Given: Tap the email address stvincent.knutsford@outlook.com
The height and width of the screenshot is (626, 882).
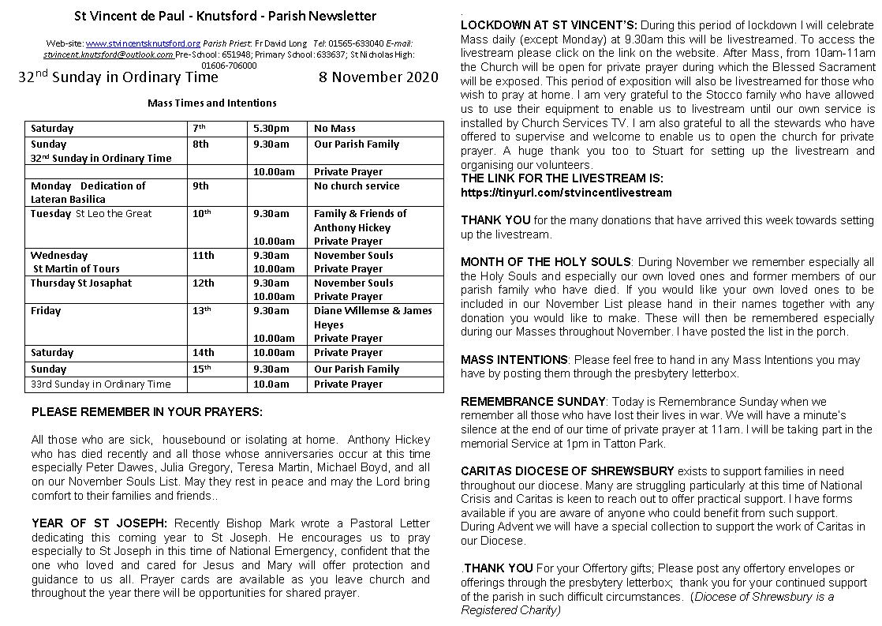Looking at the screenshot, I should [108, 54].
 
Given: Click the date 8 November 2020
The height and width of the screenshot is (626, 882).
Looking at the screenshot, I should [378, 77].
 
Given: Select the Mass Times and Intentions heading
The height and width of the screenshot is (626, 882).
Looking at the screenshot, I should [211, 103].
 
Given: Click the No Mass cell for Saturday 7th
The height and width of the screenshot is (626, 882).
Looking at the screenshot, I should [334, 128].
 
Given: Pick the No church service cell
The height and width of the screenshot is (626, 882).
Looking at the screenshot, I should [357, 186].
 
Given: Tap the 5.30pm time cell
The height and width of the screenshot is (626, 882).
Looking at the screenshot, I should [271, 128].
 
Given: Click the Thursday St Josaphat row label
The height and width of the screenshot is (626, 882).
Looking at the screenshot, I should [81, 283].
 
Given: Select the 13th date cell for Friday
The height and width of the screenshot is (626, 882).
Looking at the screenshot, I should [203, 311].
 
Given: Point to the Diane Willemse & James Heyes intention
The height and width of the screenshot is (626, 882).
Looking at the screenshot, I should [372, 317].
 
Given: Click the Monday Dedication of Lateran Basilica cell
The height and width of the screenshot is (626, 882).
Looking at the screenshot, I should [88, 193].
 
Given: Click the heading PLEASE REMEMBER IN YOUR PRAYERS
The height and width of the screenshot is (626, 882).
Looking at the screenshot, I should [147, 412].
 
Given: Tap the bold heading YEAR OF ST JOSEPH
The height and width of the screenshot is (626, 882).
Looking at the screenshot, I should [99, 523].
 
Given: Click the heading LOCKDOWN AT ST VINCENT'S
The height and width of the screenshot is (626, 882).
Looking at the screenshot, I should [549, 25].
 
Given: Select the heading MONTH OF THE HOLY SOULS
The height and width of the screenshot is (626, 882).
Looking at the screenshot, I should [546, 262].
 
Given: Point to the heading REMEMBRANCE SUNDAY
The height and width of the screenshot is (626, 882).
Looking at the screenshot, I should [533, 402].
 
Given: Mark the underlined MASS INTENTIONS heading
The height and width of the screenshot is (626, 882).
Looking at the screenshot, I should [514, 360].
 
